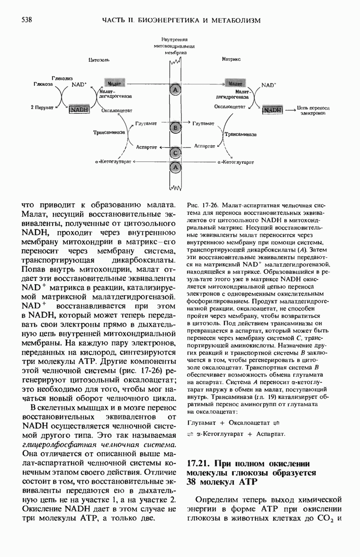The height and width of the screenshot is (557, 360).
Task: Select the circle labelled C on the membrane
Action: click(x=175, y=153)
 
